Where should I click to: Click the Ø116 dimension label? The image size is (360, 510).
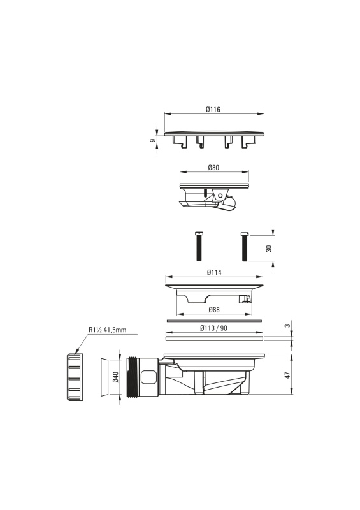pyautogui.click(x=213, y=110)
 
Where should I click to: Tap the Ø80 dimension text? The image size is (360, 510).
pyautogui.click(x=213, y=168)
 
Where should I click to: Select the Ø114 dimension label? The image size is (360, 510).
pyautogui.click(x=214, y=272)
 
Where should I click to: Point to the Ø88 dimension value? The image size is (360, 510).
pyautogui.click(x=214, y=310)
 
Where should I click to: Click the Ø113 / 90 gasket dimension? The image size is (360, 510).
pyautogui.click(x=213, y=328)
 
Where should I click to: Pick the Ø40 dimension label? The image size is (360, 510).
pyautogui.click(x=116, y=377)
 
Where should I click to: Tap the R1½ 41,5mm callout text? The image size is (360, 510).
pyautogui.click(x=107, y=330)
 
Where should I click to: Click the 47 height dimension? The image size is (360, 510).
pyautogui.click(x=287, y=375)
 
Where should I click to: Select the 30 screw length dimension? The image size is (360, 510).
pyautogui.click(x=269, y=249)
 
